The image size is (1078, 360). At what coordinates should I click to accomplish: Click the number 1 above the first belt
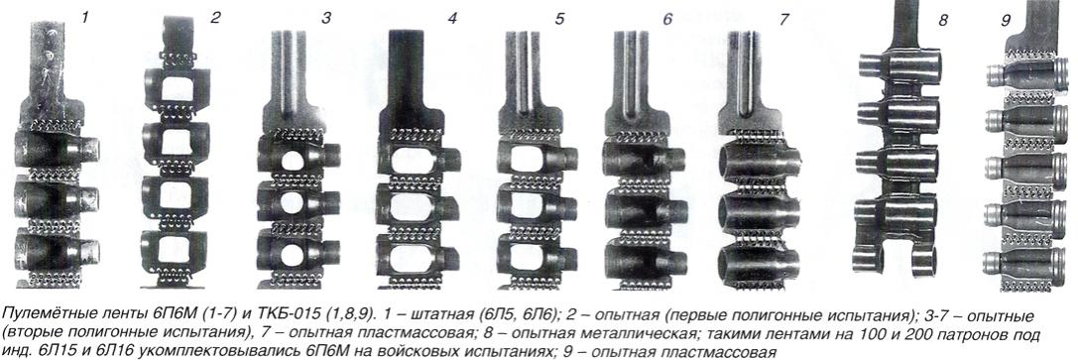[x=84, y=16]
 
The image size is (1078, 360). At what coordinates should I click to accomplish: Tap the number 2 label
[x=215, y=17]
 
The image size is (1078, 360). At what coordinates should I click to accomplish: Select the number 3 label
[x=326, y=18]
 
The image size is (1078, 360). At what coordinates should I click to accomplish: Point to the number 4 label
[x=451, y=18]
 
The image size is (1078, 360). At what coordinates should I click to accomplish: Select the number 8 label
[x=942, y=20]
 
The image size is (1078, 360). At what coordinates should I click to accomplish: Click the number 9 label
[x=1006, y=20]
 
